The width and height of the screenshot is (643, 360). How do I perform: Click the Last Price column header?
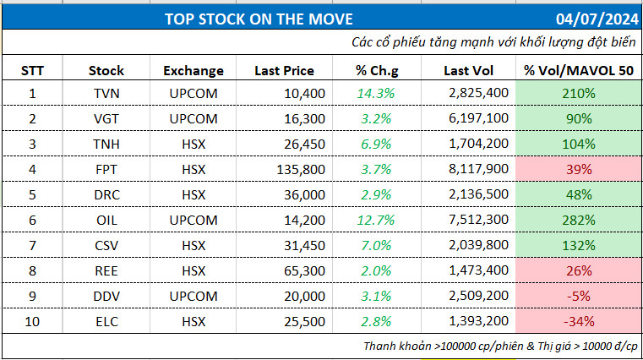[284, 71]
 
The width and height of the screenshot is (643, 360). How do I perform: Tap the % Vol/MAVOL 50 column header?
[579, 71]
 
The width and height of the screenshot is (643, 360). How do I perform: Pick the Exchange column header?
[193, 71]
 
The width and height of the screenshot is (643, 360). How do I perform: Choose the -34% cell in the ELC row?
[580, 321]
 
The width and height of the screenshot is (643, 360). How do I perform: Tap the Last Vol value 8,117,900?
[479, 169]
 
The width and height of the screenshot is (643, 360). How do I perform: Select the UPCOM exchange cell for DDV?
[193, 296]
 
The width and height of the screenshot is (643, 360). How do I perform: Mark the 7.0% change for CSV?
[375, 245]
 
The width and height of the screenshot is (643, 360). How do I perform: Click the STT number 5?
[33, 194]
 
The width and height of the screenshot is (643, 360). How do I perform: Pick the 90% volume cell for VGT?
[580, 118]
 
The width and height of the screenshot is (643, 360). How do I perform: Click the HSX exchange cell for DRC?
[193, 194]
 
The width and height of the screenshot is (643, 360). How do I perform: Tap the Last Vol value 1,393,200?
[479, 321]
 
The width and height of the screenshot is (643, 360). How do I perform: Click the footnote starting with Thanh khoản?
[502, 346]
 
